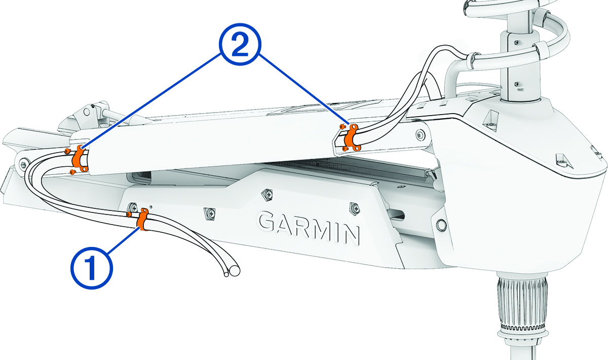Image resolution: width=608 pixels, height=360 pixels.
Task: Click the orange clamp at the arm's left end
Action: tap(79, 159)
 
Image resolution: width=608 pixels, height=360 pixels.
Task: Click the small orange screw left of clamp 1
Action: tap(129, 215)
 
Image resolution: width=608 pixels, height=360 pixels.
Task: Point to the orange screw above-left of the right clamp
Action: tap(344, 126)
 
